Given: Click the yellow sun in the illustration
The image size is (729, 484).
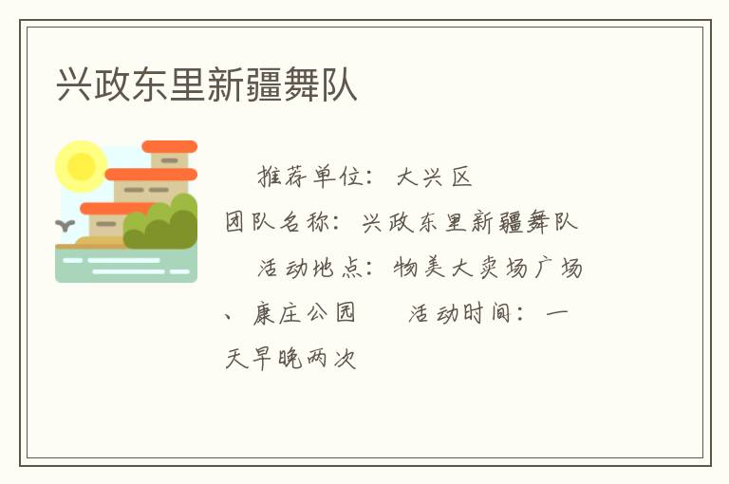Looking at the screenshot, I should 81,166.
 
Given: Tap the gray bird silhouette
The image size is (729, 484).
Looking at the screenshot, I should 65,226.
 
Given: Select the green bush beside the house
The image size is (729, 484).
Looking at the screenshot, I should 162,224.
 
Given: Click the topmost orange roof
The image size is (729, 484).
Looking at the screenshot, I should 169,146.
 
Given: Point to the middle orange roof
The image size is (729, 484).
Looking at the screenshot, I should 151,175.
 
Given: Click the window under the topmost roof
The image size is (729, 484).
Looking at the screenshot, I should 169,160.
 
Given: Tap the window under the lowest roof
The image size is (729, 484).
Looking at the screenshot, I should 106,224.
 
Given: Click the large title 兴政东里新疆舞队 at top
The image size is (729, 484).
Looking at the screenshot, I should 207,84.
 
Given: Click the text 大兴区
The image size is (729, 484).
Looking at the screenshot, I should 434,177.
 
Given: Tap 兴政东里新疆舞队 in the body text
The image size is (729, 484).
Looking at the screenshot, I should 470,223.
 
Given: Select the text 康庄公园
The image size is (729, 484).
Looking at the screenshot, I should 304,313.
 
